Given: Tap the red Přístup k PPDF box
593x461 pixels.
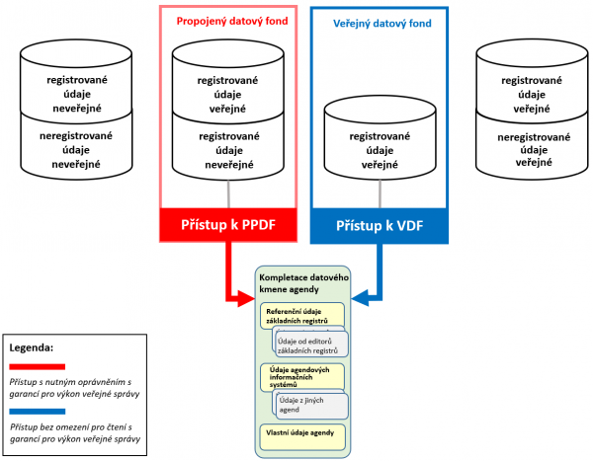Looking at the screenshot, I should click(229, 224).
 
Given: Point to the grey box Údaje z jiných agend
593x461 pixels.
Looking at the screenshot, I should click(314, 404).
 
